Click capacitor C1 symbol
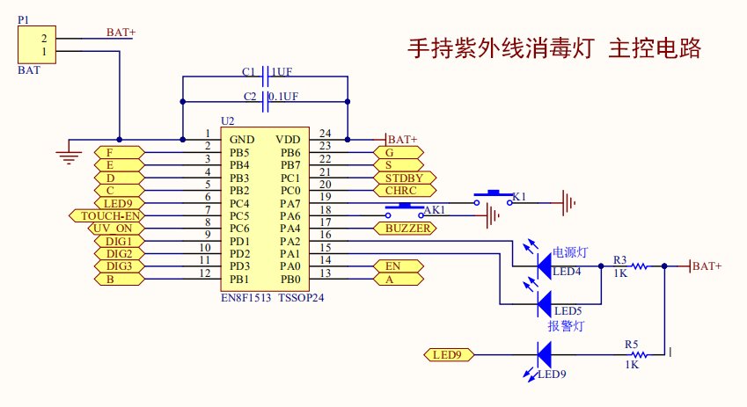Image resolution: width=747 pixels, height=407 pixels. click(x=265, y=76)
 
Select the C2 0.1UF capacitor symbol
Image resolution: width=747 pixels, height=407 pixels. click(x=265, y=102)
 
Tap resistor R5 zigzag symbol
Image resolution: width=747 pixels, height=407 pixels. click(x=639, y=355)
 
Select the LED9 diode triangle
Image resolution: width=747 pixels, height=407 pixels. click(x=544, y=355)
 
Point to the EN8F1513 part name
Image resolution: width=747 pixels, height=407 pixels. click(x=247, y=298)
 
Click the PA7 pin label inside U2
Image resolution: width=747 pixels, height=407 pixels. click(x=290, y=203)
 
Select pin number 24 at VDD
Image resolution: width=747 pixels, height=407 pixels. click(x=325, y=134)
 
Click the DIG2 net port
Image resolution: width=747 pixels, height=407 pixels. click(x=118, y=254)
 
